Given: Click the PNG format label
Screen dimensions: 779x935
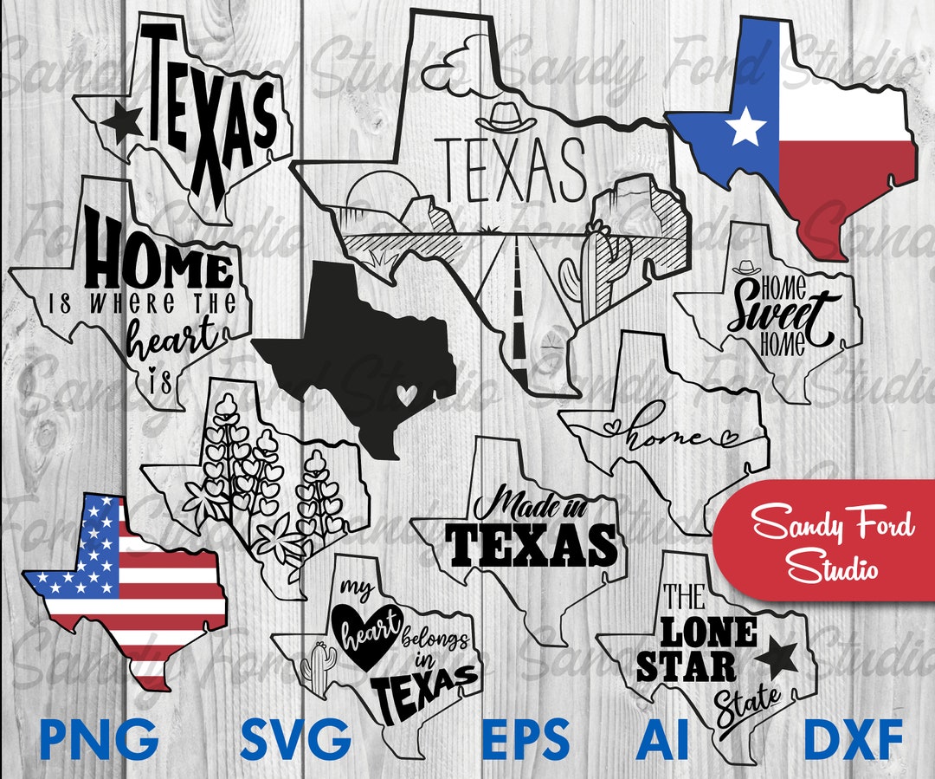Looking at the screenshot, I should tap(99, 738).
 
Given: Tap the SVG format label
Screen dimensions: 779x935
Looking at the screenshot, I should tap(296, 738).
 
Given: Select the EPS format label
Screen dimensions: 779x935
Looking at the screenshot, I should tap(526, 738).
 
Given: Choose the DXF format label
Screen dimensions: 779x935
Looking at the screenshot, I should tap(853, 738).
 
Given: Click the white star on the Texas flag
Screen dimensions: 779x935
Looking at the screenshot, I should tap(745, 127).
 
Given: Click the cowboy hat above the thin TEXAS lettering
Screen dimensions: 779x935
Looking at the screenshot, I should tap(506, 117).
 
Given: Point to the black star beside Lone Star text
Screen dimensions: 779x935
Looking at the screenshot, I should tap(776, 661).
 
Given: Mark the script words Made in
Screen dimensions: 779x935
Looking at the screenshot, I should tap(530, 503).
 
